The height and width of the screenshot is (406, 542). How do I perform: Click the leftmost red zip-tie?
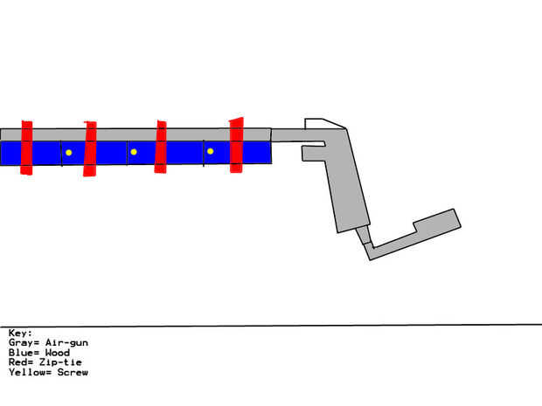point(26,147)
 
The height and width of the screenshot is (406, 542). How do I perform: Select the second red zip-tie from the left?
point(90,148)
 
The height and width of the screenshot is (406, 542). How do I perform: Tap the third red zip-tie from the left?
point(161,147)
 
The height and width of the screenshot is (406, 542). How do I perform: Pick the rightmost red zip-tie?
point(236,145)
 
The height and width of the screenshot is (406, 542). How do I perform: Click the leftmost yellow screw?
point(68,153)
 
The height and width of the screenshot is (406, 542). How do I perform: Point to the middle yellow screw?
point(134,152)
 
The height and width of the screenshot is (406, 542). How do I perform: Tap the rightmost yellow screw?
point(210,152)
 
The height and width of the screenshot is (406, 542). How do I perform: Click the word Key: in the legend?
point(20,334)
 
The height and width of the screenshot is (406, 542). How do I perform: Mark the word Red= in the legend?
point(20,362)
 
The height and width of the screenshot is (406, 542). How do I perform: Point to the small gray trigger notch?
point(313,153)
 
